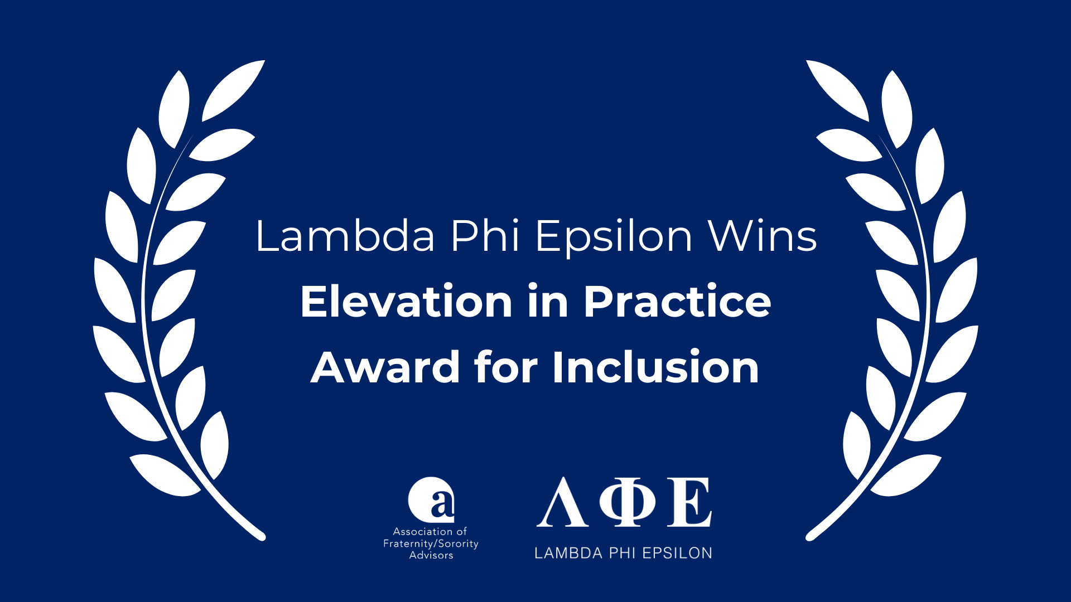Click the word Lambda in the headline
tap(345, 236)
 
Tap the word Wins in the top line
tap(762, 236)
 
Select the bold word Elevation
tap(406, 302)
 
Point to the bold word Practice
tap(677, 302)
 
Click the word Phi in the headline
tap(485, 236)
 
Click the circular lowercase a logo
tap(431, 499)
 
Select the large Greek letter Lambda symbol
tap(562, 502)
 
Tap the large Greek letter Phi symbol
tap(628, 502)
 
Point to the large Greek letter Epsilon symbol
tap(689, 502)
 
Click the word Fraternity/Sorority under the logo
tap(431, 543)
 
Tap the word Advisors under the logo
tap(431, 555)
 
